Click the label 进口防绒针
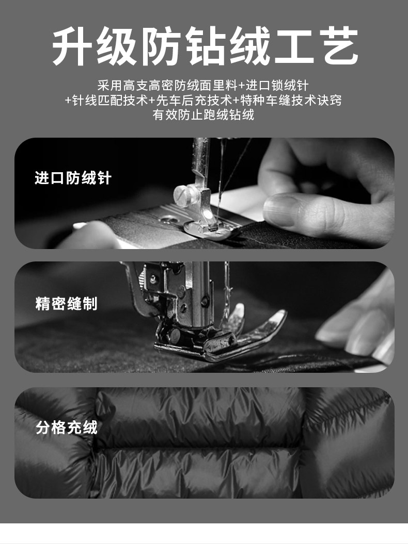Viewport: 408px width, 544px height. pos(73,178)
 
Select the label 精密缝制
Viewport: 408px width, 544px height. pos(67,304)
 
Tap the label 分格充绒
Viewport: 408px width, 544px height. pos(67,427)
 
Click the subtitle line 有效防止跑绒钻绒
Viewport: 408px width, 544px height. pos(203,114)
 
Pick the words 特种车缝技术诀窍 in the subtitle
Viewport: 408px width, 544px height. pos(291,100)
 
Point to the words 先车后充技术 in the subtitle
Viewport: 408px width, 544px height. pos(194,100)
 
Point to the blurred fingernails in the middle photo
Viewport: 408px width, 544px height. pos(362,329)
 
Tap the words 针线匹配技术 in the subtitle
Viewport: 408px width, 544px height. pos(110,100)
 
